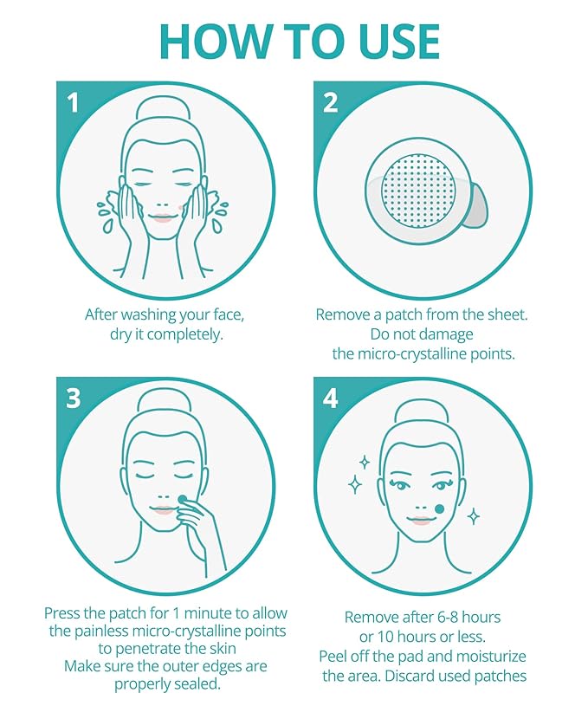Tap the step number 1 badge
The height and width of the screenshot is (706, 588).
click(73, 103)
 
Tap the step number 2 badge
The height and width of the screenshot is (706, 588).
click(331, 103)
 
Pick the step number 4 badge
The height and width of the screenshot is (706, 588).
click(331, 399)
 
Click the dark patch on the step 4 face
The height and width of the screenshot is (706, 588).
click(439, 508)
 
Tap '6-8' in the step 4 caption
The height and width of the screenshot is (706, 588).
click(458, 617)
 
